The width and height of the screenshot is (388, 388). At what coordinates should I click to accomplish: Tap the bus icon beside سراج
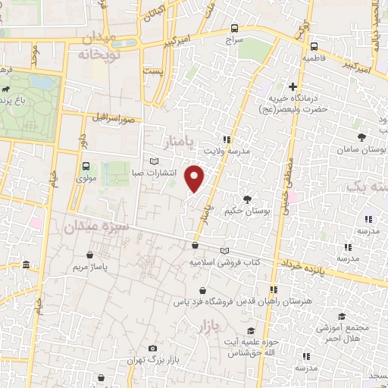coord(234,30)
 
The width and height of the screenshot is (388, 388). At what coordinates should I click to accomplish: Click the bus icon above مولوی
coord(85,166)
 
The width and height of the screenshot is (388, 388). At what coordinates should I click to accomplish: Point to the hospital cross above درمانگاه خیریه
coord(293,87)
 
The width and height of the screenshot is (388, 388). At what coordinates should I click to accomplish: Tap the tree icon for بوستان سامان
coord(362,137)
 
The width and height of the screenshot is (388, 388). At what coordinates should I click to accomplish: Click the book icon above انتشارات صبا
coord(155,161)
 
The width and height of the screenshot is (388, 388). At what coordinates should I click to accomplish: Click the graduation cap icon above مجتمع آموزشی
coord(342,316)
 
